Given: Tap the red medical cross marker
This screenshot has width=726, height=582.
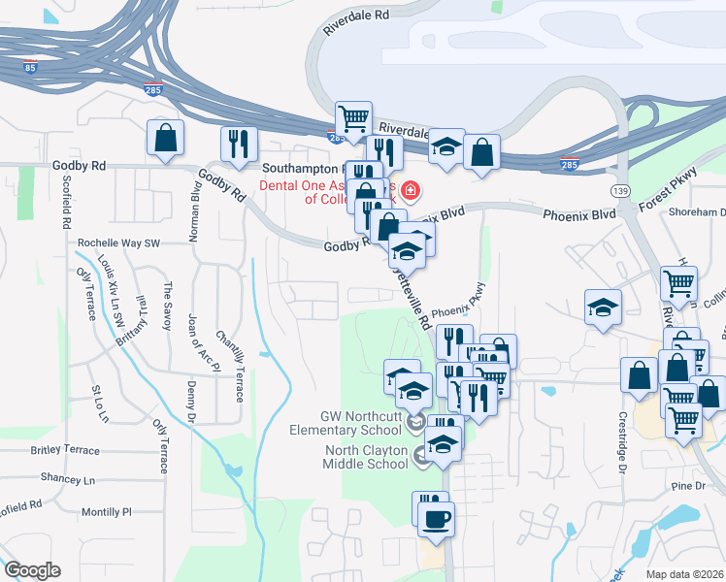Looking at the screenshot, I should tap(412, 190).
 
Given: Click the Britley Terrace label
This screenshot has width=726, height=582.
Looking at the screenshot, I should tap(65, 450).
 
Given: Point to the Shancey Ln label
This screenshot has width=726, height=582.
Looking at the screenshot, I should tap(68, 479).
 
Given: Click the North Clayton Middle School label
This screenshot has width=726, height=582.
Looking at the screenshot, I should tap(366, 456).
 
